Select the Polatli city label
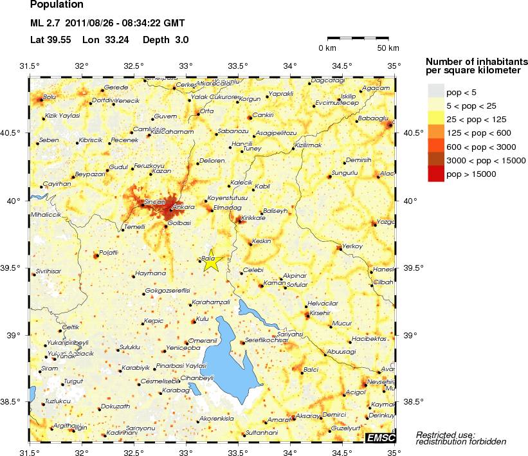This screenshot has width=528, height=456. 109,252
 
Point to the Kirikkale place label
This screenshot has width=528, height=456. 252,219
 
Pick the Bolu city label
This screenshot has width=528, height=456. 50,98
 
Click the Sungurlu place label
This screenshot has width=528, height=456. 344,173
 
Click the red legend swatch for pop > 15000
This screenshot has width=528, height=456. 436,174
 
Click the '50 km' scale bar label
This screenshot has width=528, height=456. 388,48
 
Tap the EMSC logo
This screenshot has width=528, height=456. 379,438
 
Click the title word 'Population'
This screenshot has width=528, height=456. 57,6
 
